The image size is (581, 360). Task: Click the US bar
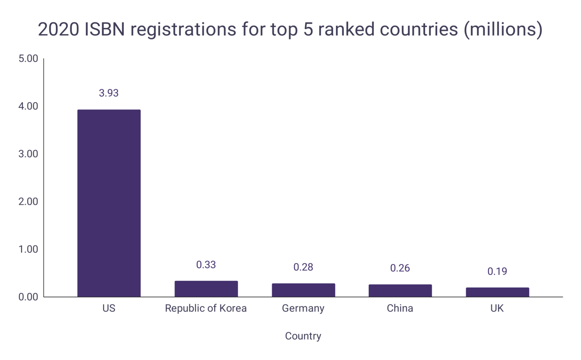click(109, 203)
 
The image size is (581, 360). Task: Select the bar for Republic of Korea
click(206, 289)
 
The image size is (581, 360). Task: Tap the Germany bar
click(303, 290)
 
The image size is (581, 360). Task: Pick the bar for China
click(400, 290)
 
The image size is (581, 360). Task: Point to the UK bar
click(497, 292)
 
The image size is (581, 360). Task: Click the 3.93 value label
click(109, 93)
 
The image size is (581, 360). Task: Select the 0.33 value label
click(206, 265)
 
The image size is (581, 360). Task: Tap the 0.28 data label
click(303, 267)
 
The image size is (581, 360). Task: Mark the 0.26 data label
click(400, 268)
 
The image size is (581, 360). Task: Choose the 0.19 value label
click(497, 271)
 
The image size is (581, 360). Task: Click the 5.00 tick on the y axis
click(28, 59)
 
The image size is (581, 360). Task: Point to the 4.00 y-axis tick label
click(28, 106)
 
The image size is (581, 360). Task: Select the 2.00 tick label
click(28, 201)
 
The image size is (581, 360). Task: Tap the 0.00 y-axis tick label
click(28, 297)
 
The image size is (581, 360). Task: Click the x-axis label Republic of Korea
click(206, 309)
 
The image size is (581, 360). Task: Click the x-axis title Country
click(303, 336)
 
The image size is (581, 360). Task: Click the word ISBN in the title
click(104, 30)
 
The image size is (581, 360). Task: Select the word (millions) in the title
click(503, 30)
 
